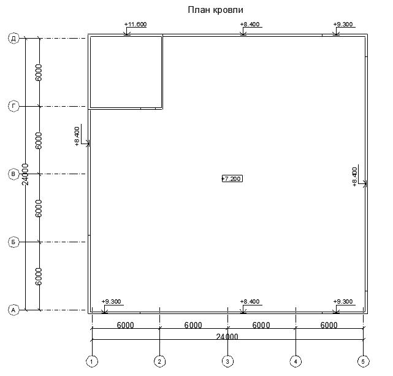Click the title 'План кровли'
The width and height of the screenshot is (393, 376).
coord(216,10)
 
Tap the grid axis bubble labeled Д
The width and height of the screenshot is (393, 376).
coord(13,39)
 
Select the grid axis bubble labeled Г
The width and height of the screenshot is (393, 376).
coord(13,106)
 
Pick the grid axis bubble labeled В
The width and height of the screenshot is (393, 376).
coord(13,174)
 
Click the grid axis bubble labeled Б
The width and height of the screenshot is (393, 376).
coord(13,242)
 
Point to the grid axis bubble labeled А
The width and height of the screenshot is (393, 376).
coord(13,310)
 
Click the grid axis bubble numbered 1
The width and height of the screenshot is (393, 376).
coord(92,361)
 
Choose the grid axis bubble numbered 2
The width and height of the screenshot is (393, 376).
coord(159,361)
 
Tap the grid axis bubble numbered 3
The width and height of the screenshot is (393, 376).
coord(227,361)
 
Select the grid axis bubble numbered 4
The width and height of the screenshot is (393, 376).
coord(296,361)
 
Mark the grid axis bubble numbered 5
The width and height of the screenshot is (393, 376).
coord(363,361)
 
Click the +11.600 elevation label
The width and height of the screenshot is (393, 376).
coord(135,25)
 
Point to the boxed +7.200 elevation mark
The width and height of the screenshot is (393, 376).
coord(232,178)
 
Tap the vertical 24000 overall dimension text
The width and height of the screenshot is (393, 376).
coord(25,174)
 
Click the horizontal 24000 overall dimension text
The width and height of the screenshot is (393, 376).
coord(227,336)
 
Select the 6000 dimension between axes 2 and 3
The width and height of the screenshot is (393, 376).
coord(193,325)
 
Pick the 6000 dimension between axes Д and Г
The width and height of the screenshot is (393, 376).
coord(39,73)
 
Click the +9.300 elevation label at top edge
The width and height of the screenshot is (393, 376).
coord(343,25)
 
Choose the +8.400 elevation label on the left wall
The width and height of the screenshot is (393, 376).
coord(77,136)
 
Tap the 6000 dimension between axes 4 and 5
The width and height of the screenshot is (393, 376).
coord(329,325)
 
